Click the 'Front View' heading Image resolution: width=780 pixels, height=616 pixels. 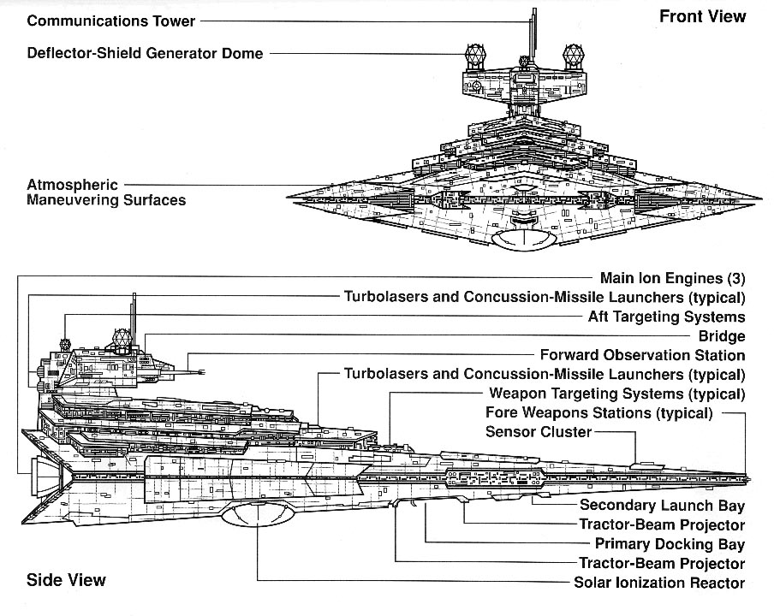click(702, 16)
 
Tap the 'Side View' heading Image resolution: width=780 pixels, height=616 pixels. click(67, 580)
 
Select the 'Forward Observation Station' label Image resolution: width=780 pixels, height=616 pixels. click(642, 355)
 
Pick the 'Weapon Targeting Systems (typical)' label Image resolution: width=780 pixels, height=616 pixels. click(616, 394)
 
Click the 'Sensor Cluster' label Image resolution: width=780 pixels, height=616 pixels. click(538, 431)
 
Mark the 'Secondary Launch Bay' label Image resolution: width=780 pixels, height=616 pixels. click(662, 506)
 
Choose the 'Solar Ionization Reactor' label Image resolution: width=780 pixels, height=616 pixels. click(659, 583)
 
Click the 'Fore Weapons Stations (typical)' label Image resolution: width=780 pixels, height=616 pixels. click(598, 412)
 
